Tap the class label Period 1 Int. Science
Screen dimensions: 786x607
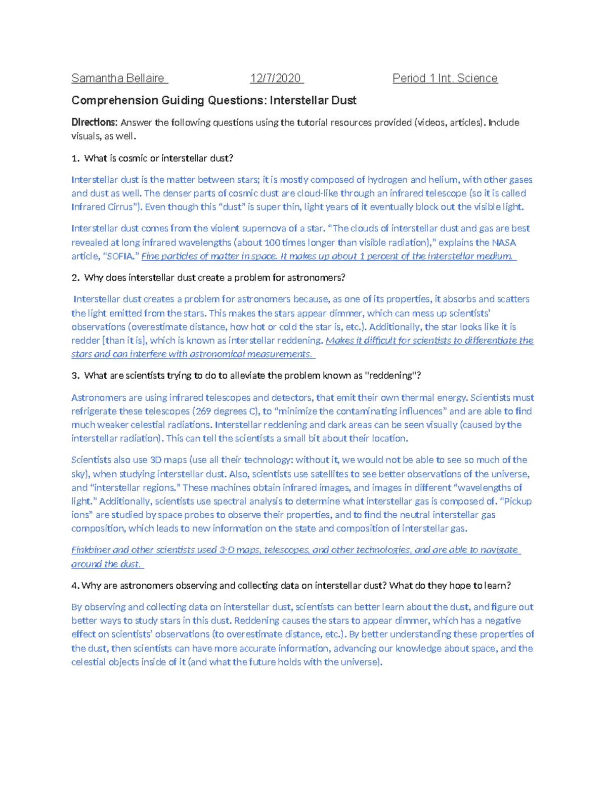point(445,78)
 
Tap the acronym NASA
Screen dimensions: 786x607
point(504,242)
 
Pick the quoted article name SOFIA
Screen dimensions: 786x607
point(121,256)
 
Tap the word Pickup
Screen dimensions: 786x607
point(517,502)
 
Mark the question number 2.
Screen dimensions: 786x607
point(75,278)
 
